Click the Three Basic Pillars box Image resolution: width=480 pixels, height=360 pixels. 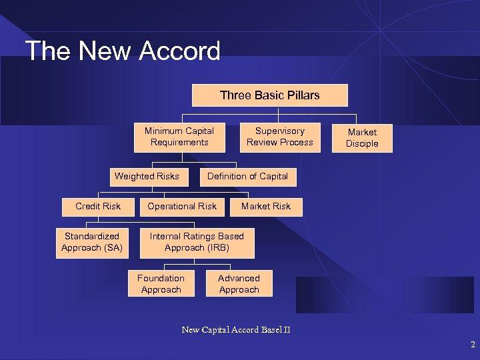coord(269,95)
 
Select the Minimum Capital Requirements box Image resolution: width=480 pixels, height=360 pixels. coord(179,137)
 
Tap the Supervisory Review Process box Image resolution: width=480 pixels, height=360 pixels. coord(279,137)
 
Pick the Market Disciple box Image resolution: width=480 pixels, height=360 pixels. coord(362,138)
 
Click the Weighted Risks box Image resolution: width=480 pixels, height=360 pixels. coord(147,177)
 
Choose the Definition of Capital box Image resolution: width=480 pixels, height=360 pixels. coord(247,177)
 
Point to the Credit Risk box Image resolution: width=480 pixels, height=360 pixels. coord(98,207)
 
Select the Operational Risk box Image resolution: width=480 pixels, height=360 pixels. coord(182,207)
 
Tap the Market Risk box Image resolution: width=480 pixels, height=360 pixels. coord(266,207)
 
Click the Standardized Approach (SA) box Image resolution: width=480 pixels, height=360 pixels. coord(91,242)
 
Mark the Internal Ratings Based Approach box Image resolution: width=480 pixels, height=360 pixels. coord(197,242)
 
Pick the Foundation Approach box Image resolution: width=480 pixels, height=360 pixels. coord(161,284)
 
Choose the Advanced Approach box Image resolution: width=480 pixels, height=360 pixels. coord(239,284)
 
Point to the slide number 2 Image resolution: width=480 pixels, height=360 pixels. coord(472,345)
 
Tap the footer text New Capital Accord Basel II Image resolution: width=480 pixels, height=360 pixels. coord(236,329)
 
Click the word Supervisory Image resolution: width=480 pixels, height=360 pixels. coord(280,131)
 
